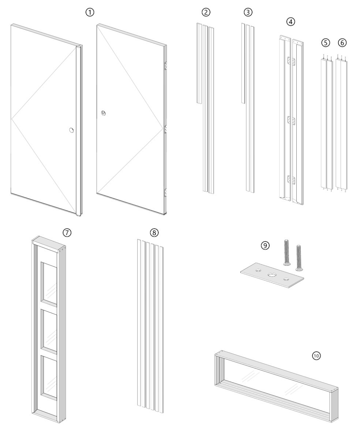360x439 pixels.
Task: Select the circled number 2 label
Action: click(x=206, y=12)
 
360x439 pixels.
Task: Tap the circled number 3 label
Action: click(x=248, y=12)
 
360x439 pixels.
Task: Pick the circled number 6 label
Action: click(x=342, y=43)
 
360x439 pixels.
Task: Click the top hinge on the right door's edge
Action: click(x=165, y=66)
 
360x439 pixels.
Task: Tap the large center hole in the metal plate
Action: click(x=272, y=275)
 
